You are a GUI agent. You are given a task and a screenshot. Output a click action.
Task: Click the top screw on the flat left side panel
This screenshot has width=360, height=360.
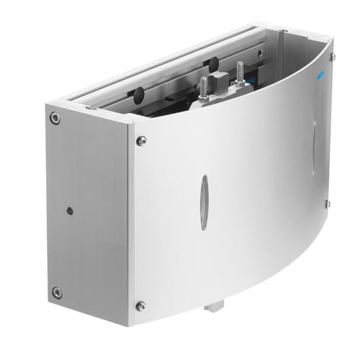(54, 117)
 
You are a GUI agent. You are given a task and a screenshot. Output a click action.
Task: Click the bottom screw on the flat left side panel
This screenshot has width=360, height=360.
(56, 292)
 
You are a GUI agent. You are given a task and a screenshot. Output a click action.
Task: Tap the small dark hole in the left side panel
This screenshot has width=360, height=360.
(69, 212)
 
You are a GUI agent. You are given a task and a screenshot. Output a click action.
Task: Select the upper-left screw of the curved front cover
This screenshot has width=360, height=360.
(142, 140)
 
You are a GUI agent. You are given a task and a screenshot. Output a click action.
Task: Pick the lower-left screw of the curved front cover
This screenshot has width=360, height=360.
(140, 305)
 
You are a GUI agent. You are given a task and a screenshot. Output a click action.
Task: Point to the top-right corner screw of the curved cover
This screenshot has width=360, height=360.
(332, 56)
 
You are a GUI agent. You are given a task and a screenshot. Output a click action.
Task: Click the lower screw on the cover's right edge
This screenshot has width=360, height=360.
(328, 204)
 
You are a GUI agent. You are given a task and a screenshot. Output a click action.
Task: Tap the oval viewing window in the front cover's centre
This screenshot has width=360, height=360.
(204, 203)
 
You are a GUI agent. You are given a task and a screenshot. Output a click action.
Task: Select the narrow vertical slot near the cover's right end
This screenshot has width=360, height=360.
(314, 148)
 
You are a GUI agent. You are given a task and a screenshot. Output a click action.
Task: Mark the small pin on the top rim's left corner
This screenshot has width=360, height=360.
(91, 107)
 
